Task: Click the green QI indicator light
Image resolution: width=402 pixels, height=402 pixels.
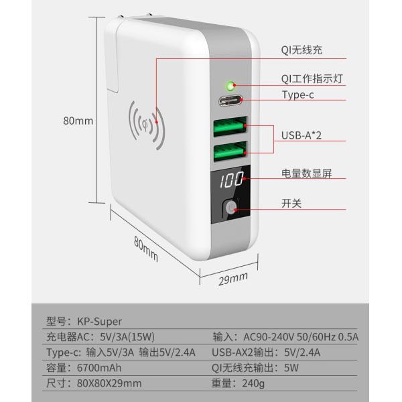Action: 230,86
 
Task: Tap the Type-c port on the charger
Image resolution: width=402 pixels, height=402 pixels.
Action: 230,100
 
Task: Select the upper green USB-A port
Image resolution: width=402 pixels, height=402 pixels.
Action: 230,126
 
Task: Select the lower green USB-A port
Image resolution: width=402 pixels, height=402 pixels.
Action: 230,151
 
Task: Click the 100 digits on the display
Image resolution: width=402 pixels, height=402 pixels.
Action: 232,179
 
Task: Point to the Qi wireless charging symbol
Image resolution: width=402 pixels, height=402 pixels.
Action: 147,125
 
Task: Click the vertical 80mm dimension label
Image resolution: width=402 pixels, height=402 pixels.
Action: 78,121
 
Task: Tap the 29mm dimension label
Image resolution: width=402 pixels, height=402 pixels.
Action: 233,279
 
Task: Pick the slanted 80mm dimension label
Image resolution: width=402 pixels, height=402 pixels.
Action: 146,249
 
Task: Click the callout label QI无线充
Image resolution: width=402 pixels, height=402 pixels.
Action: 301,50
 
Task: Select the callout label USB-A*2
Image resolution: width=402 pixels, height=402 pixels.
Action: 301,135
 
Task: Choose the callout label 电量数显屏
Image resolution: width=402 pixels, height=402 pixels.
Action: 307,174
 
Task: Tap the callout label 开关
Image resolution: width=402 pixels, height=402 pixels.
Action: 291,204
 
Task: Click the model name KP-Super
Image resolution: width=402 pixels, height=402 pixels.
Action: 99,322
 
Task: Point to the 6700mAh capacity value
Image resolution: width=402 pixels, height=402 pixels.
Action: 99,368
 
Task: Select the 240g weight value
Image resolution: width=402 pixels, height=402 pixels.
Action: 253,383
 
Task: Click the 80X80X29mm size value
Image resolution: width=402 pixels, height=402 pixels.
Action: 109,383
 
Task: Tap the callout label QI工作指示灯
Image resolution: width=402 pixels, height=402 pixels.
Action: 312,78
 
